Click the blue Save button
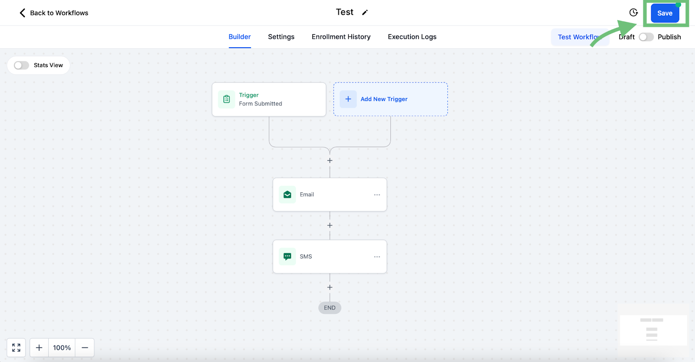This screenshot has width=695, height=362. click(x=665, y=13)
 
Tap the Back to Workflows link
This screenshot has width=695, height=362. click(x=54, y=13)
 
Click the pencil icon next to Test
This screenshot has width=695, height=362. click(x=365, y=13)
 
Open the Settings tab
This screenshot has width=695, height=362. click(x=281, y=36)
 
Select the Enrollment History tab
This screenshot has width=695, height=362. click(x=341, y=36)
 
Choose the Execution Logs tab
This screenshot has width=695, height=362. click(x=412, y=36)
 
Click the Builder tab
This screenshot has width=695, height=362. click(x=239, y=36)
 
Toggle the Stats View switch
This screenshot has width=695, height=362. click(x=21, y=65)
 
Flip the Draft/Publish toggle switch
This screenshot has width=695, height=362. click(x=646, y=37)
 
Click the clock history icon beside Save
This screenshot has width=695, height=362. click(x=633, y=13)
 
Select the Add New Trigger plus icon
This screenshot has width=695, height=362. click(x=348, y=99)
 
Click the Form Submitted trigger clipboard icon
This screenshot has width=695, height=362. click(x=226, y=99)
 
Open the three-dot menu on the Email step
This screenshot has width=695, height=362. click(x=377, y=194)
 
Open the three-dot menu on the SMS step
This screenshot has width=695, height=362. click(x=377, y=257)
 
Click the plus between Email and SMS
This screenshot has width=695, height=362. click(x=330, y=225)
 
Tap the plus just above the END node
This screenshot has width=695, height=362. click(x=330, y=287)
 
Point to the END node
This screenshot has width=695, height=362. click(x=330, y=308)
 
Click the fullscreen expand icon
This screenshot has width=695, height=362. click(x=16, y=347)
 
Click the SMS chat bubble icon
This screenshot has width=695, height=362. click(x=287, y=257)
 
